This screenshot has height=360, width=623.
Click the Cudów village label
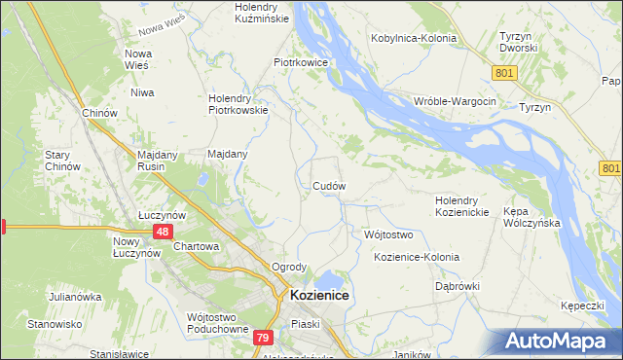tap(329, 185)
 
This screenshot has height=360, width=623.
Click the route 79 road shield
tap(262, 338)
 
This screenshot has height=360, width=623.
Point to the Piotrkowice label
tap(300, 61)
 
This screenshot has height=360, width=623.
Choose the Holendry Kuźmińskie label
tap(259, 13)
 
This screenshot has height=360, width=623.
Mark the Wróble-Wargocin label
tap(455, 102)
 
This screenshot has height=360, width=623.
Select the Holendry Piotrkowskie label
tap(239, 104)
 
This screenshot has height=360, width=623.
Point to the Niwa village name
tap(143, 93)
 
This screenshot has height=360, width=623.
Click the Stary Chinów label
tap(57, 161)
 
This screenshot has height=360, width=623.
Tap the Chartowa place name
tap(196, 247)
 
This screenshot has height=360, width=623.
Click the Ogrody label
tap(289, 267)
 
